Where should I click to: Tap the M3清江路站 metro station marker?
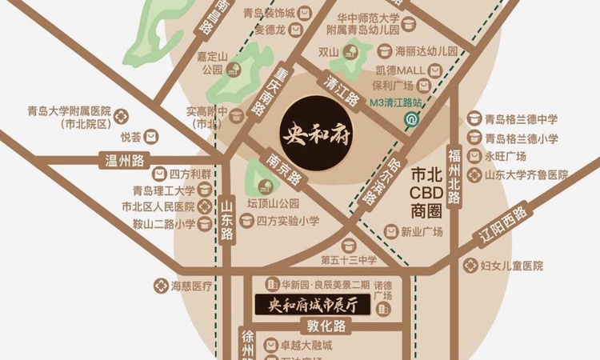coord(410,120)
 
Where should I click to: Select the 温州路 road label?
coord(123,160)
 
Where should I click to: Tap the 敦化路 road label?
coord(327,326)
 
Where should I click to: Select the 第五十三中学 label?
coord(348,260)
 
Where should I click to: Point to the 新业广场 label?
coord(422,232)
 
